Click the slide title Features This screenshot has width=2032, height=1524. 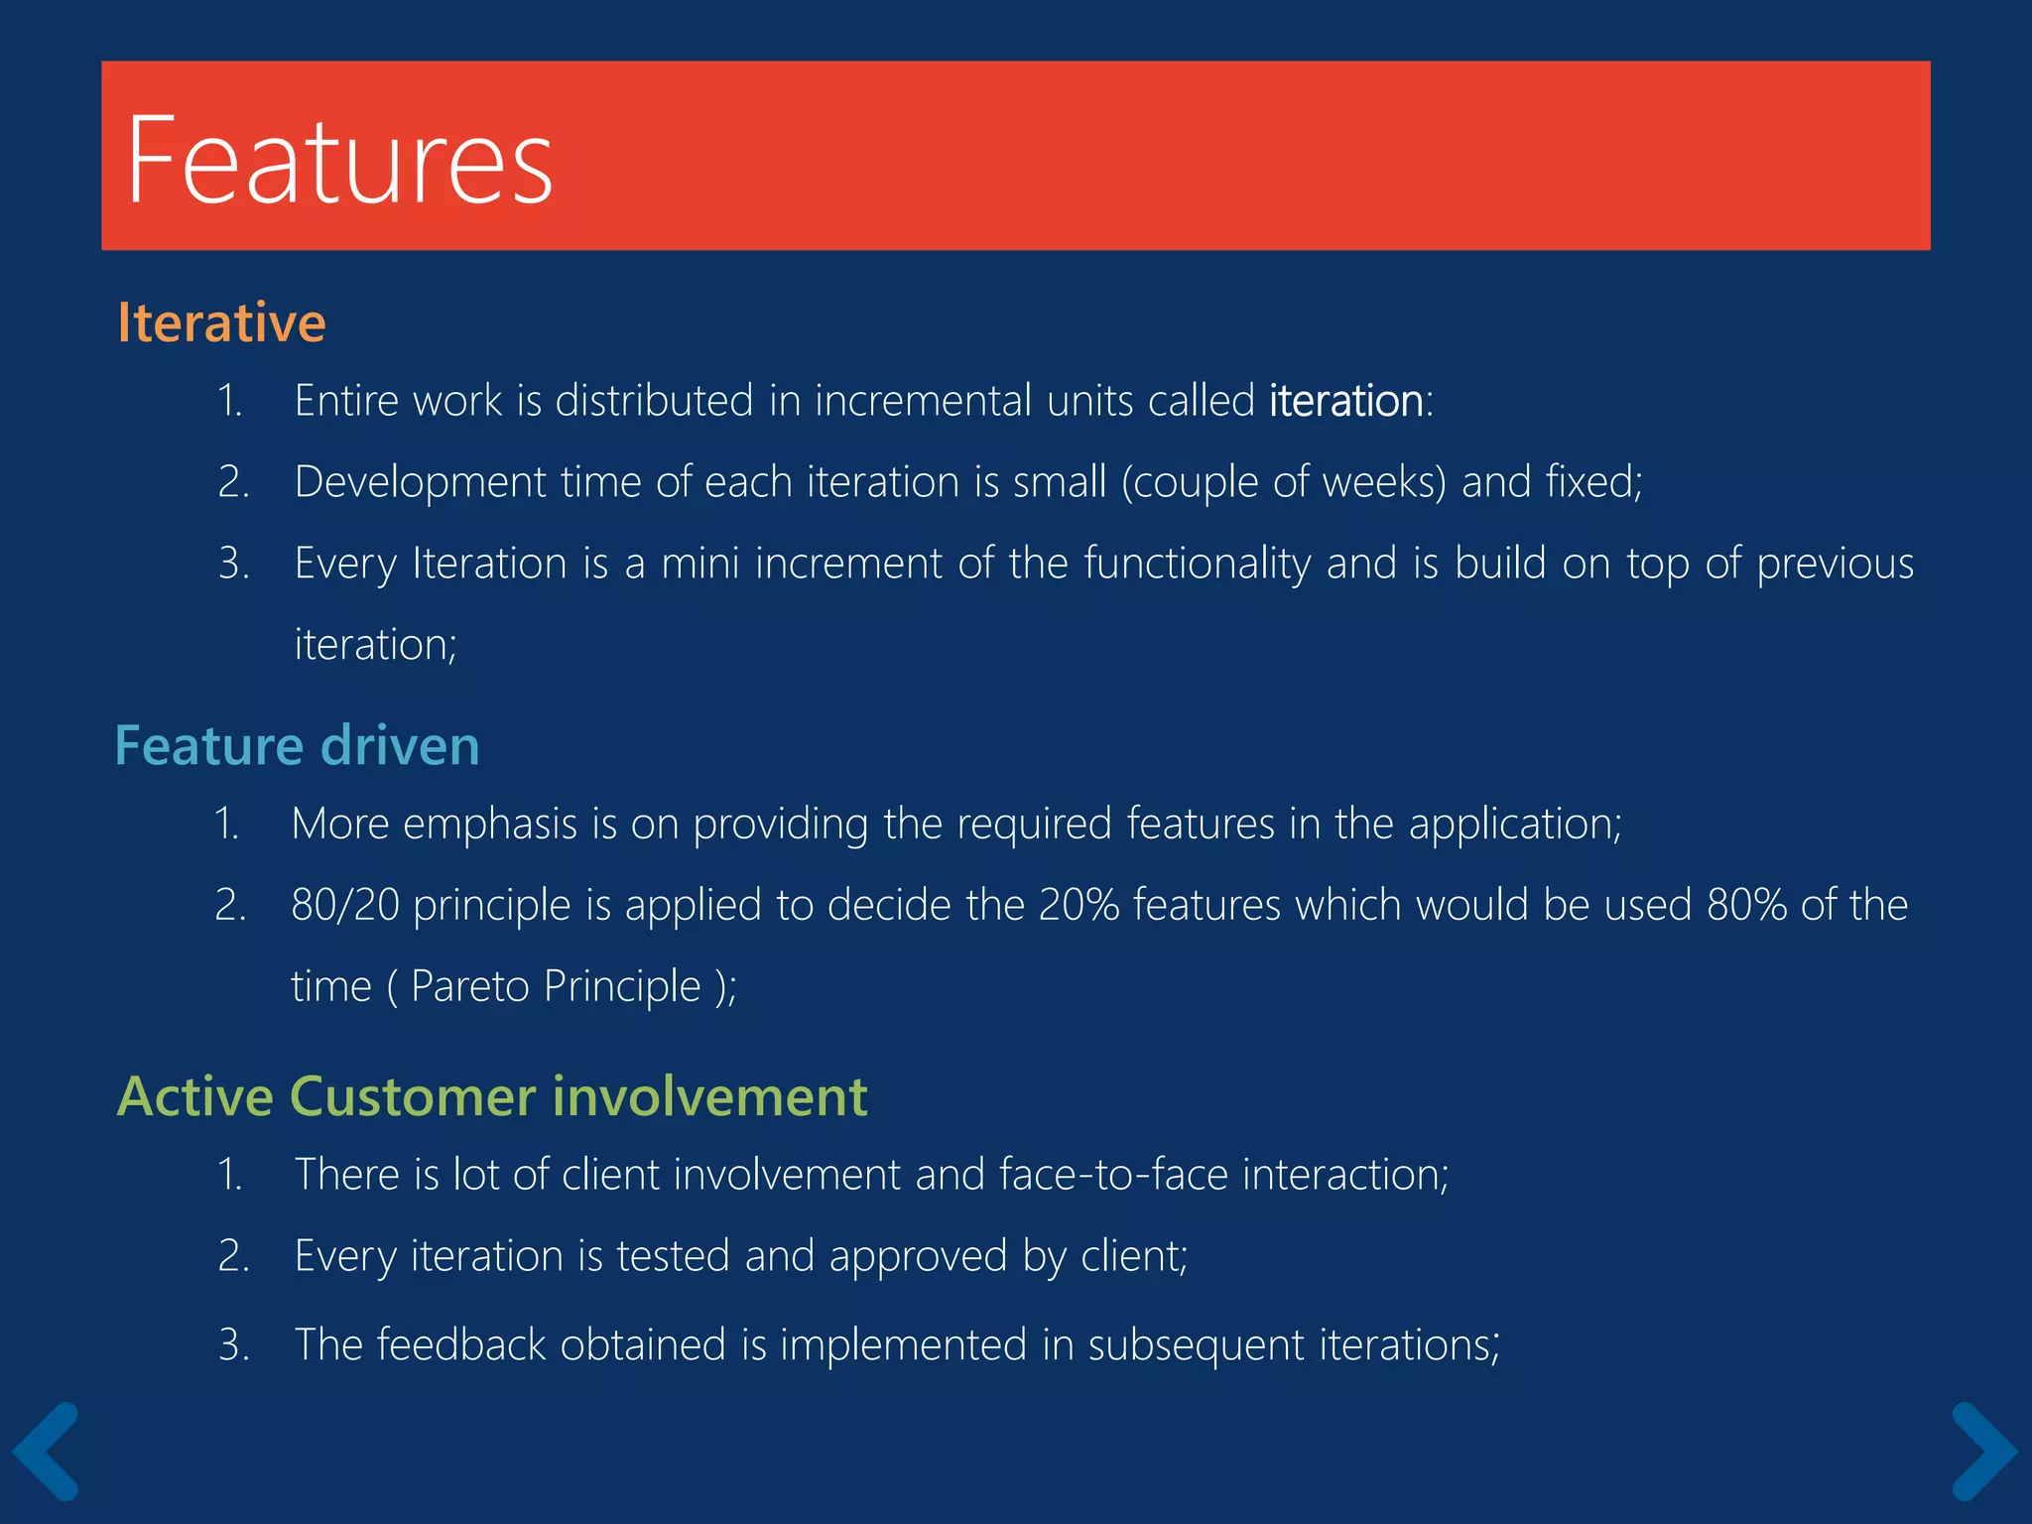pyautogui.click(x=339, y=160)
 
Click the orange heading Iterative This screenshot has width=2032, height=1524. pyautogui.click(x=221, y=322)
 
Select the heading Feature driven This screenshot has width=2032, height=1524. pyautogui.click(x=297, y=745)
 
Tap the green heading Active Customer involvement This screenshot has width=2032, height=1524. pyautogui.click(x=492, y=1096)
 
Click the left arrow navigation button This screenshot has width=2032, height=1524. pyautogui.click(x=46, y=1451)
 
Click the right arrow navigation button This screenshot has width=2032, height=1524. pyautogui.click(x=1983, y=1451)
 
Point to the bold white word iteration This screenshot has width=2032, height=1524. pyautogui.click(x=1346, y=401)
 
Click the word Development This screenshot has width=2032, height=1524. pyautogui.click(x=420, y=482)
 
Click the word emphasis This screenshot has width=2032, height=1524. pyautogui.click(x=490, y=825)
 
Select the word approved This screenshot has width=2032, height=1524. pyautogui.click(x=918, y=1257)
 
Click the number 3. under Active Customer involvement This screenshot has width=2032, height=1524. pyautogui.click(x=233, y=1345)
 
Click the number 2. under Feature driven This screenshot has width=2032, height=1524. pyautogui.click(x=230, y=905)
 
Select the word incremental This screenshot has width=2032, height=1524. pyautogui.click(x=924, y=401)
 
